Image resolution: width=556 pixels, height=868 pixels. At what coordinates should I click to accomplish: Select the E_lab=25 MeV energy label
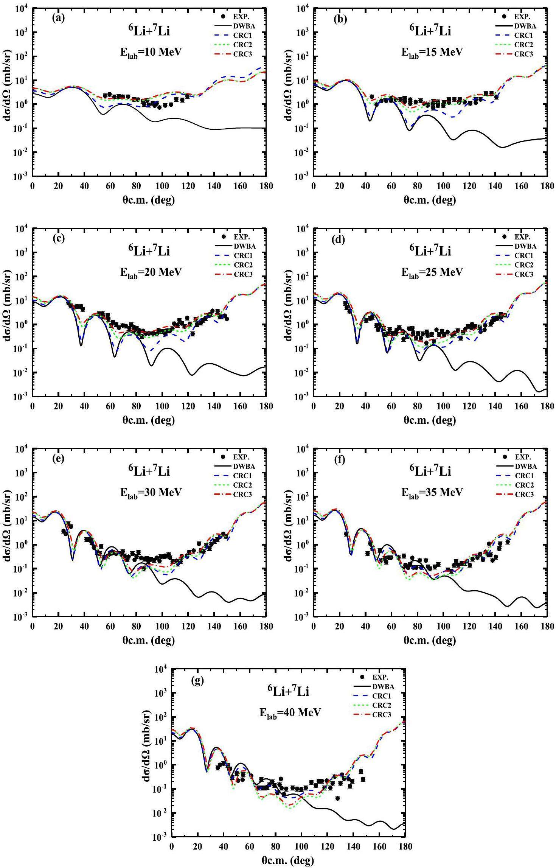(x=432, y=272)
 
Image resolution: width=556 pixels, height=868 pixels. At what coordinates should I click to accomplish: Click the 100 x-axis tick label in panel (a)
(x=162, y=186)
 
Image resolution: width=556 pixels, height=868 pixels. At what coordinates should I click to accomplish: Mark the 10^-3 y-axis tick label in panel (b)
(x=303, y=176)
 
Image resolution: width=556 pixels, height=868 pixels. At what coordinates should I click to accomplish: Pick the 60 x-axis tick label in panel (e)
(x=110, y=627)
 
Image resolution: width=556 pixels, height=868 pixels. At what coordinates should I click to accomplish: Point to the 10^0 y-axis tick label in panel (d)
(x=303, y=325)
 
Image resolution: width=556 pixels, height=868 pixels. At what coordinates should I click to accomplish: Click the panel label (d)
(x=339, y=239)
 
